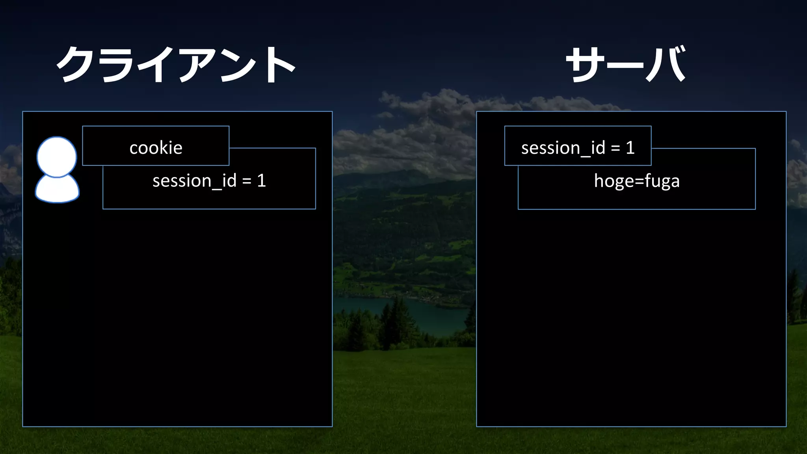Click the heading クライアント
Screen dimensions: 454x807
(176, 64)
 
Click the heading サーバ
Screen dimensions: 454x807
(626, 64)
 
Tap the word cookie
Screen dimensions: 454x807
(156, 148)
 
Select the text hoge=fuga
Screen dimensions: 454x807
(637, 181)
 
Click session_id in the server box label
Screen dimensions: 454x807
(563, 148)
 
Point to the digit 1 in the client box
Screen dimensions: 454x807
(261, 181)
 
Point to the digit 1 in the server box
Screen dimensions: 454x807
(630, 148)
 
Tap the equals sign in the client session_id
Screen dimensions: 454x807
(247, 181)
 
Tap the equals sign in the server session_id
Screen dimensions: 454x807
(615, 148)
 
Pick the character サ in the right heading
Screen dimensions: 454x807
(585, 64)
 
